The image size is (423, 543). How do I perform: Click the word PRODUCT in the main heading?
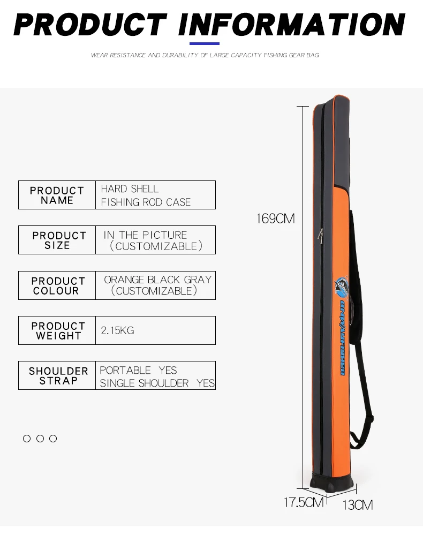pos(89,25)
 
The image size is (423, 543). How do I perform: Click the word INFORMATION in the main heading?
pos(292,25)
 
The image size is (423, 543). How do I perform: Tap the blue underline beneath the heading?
pos(205,43)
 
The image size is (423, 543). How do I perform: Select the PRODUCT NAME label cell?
pos(57,195)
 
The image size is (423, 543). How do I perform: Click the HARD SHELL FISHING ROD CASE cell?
pos(155,195)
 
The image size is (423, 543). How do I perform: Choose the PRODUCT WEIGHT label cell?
pos(57,330)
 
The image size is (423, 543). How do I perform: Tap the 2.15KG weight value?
pos(117,330)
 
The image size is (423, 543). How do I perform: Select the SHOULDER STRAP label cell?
pos(57,375)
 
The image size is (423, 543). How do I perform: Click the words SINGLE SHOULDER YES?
pos(157,383)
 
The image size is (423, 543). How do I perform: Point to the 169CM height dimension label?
pos(275,218)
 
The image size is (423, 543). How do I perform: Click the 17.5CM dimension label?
pos(304,502)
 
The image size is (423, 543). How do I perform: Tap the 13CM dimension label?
pos(357,504)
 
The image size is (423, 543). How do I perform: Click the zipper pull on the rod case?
pos(320,235)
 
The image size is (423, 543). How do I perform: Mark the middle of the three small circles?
pos(40,439)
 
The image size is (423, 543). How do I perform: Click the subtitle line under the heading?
pos(205,55)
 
